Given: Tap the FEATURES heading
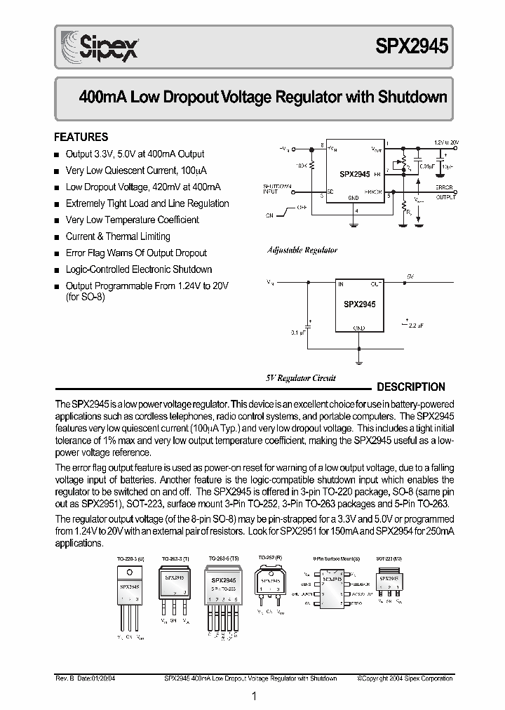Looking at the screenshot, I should coord(81,138).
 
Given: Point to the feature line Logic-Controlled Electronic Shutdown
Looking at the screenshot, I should coord(138,269).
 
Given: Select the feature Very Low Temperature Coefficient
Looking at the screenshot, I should coord(132,220).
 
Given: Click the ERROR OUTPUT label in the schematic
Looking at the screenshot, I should coord(445,193).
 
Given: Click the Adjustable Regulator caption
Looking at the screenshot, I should coord(302,250).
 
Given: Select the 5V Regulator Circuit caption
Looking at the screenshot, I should coord(300,378).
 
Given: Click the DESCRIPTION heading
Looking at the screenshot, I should coord(411,387).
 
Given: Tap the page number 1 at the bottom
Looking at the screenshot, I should coord(253,696).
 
